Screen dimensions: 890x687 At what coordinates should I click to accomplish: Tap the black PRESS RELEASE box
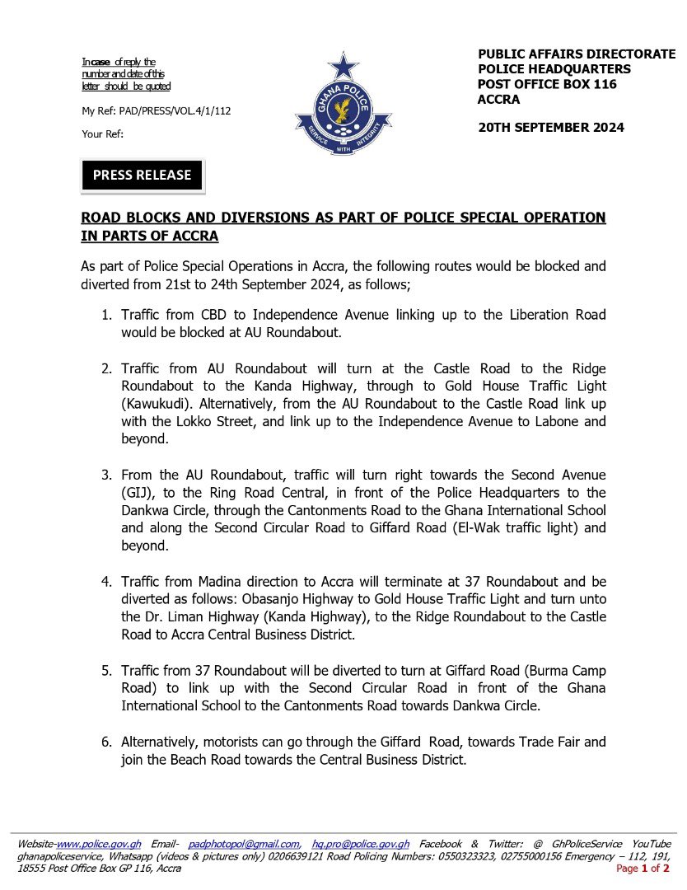click(x=142, y=176)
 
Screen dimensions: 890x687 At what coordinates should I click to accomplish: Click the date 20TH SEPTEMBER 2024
click(x=551, y=127)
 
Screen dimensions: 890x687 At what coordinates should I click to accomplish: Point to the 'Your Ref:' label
click(x=102, y=133)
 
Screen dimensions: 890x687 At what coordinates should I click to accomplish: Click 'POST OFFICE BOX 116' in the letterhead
click(x=547, y=84)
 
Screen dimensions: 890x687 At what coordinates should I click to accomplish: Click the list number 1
click(x=106, y=315)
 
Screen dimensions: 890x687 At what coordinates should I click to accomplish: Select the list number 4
click(x=106, y=581)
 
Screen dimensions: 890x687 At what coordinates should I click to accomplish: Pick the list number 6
click(x=106, y=742)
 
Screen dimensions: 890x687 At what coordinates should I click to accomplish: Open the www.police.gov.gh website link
click(x=99, y=844)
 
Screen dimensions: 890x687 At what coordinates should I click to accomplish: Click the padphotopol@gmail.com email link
click(x=244, y=844)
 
